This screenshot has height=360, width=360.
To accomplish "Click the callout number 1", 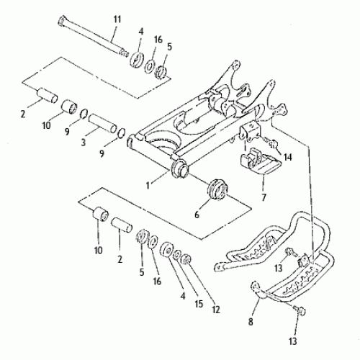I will click(149, 184).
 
